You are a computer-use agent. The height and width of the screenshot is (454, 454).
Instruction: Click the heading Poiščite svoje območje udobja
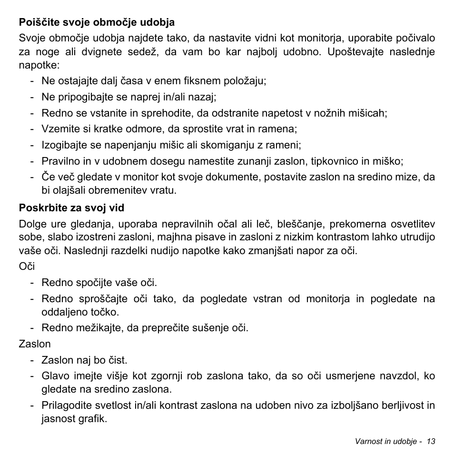[x=97, y=22]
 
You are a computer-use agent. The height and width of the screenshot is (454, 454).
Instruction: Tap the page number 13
[x=431, y=441]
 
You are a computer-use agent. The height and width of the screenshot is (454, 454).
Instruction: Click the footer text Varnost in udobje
[x=386, y=441]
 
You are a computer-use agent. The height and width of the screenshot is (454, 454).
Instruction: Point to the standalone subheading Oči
[x=27, y=266]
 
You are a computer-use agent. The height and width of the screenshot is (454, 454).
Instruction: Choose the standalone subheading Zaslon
[x=34, y=344]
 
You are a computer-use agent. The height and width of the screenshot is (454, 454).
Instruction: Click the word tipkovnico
[x=335, y=161]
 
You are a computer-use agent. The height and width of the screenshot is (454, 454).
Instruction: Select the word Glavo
[x=54, y=375]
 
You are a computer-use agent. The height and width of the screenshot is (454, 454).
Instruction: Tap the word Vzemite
[x=59, y=129]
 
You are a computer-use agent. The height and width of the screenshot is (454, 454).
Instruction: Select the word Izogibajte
[x=64, y=145]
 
